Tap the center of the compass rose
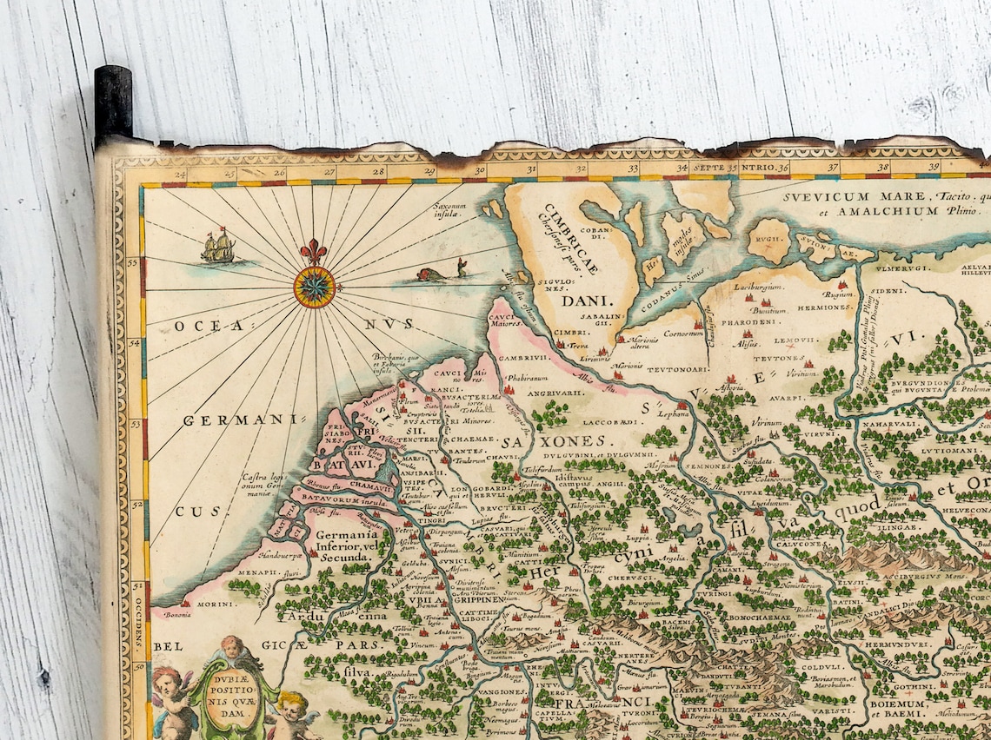[x=314, y=287]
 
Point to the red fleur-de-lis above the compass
[x=314, y=252]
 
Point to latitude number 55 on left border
[x=133, y=261]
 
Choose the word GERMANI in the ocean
[x=234, y=420]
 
